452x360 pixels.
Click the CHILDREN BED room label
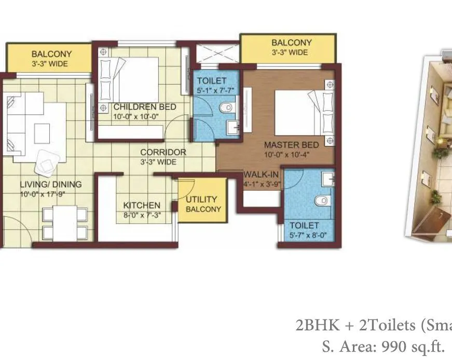(x=145, y=107)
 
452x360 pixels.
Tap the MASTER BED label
(x=291, y=145)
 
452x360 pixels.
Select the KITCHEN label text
(x=142, y=205)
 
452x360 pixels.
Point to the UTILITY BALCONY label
(x=203, y=204)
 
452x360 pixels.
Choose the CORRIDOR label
(x=163, y=152)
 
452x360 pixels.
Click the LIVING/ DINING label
(x=44, y=184)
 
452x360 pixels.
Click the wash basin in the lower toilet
(x=327, y=180)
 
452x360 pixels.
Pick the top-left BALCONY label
(x=51, y=54)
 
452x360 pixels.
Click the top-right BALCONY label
(x=291, y=43)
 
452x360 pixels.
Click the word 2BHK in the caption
(x=317, y=325)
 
